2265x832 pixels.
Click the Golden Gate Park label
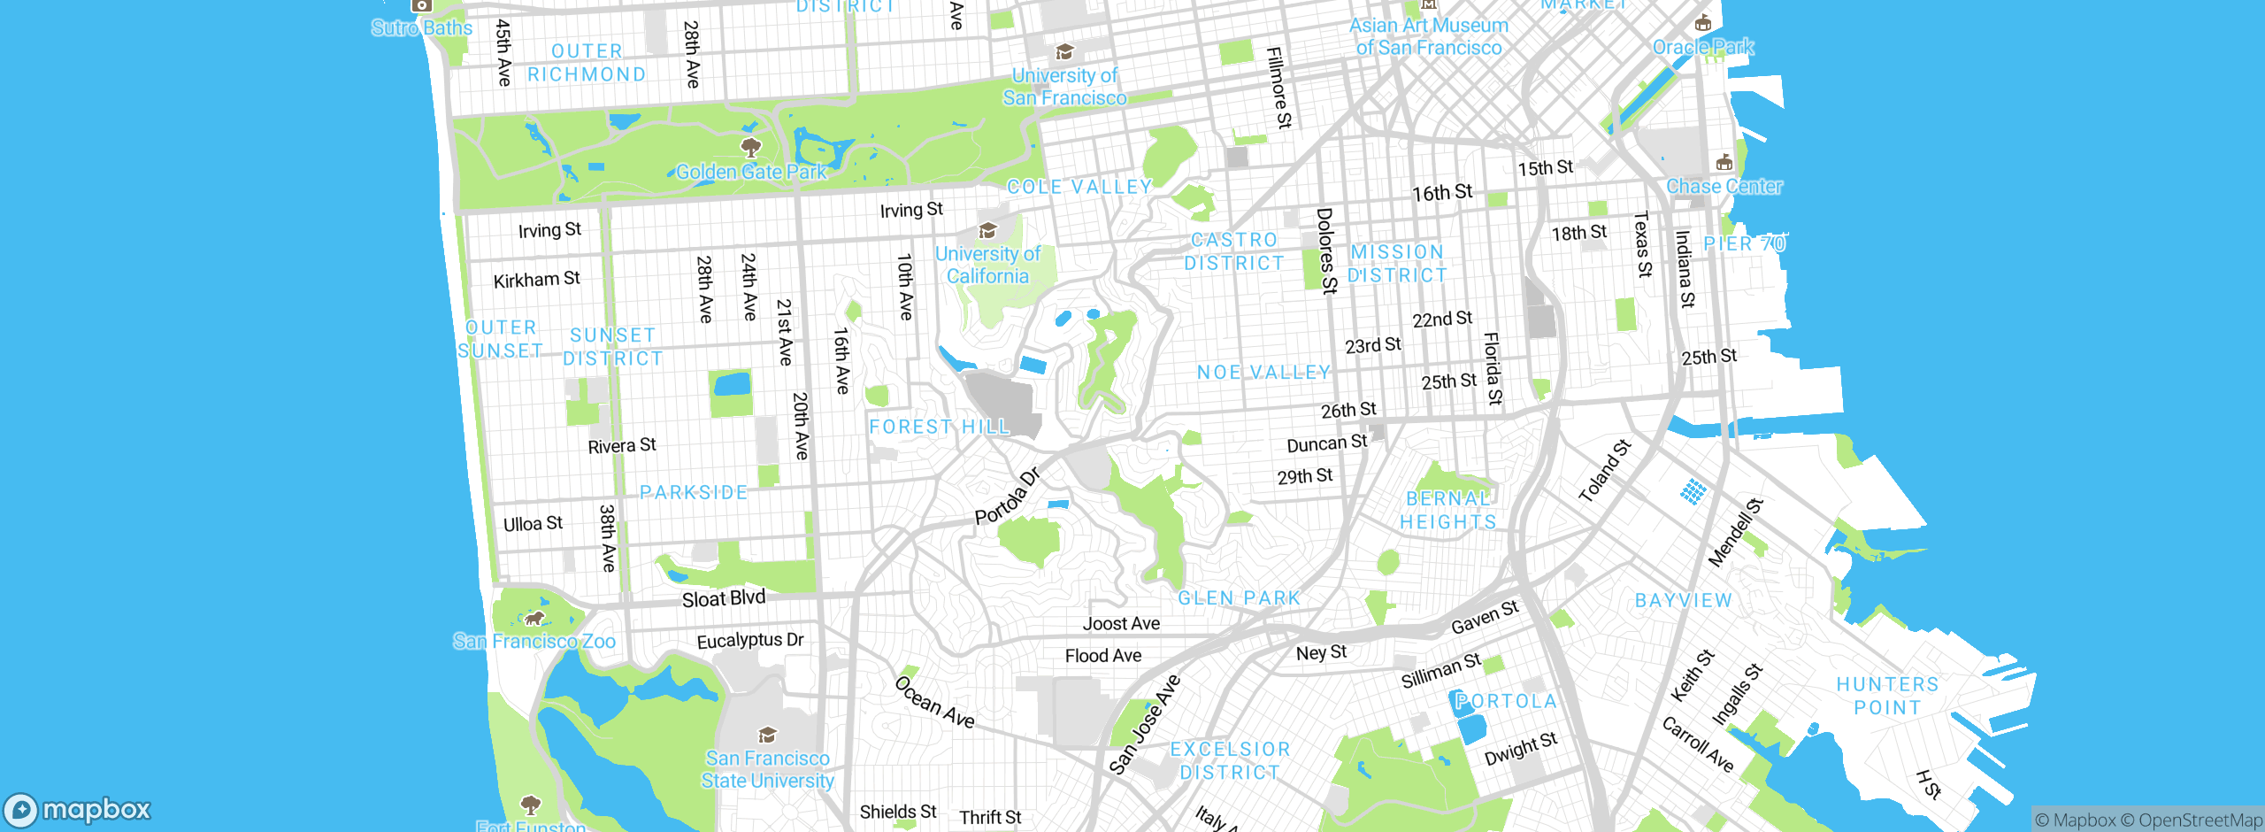pos(751,172)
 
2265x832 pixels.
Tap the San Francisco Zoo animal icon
pos(534,618)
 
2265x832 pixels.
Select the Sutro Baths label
pos(422,27)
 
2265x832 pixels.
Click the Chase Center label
pos(1724,186)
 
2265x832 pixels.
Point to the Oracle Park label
pos(1703,47)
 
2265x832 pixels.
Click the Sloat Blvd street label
pos(723,598)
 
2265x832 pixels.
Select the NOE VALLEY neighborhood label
pos(1263,373)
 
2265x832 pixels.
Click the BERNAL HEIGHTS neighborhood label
pos(1448,511)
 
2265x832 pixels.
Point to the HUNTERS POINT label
pos(1887,696)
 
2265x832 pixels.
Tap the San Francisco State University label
pos(767,769)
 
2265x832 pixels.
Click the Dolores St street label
pos(1326,250)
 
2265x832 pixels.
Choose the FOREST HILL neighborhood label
pos(939,427)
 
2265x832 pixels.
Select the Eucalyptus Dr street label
pos(749,640)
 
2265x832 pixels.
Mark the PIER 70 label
pos(1744,243)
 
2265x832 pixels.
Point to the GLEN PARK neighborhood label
pos(1239,598)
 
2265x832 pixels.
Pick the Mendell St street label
pos(1735,533)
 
